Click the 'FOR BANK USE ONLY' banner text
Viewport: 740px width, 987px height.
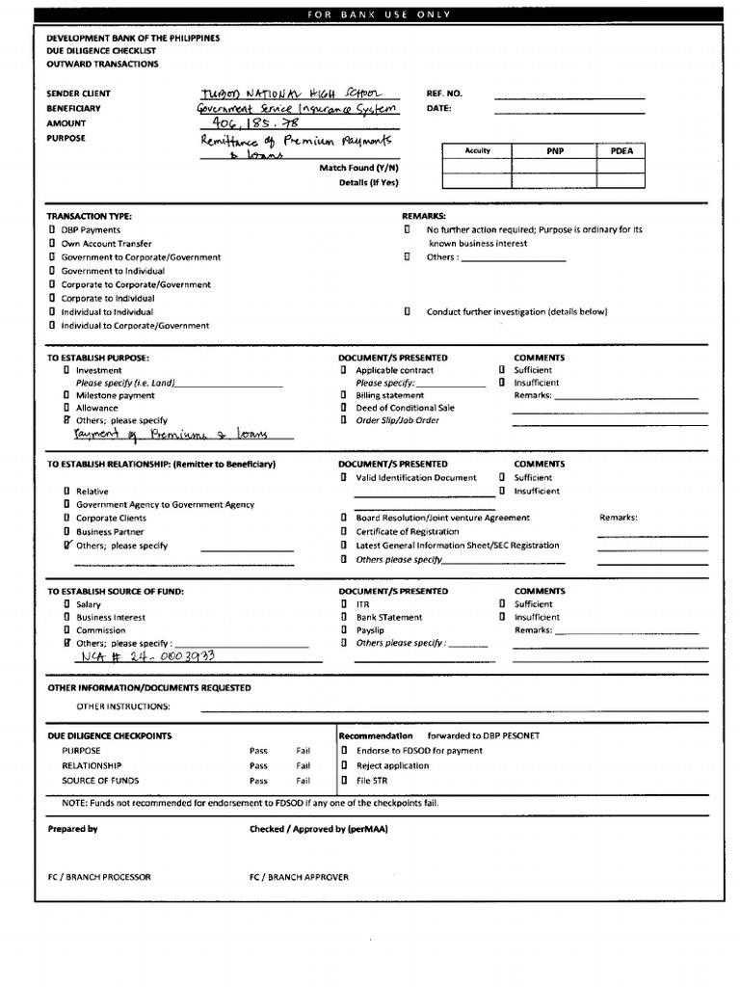379,14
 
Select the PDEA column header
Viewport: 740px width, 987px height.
621,151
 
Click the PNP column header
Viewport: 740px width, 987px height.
554,151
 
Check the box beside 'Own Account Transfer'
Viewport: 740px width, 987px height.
52,244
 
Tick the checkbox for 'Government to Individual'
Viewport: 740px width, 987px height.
52,271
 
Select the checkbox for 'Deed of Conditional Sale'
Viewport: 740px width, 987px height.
344,408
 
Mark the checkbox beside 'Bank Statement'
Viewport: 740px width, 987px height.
344,617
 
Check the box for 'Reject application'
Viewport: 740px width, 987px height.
344,765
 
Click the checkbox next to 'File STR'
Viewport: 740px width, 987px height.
344,781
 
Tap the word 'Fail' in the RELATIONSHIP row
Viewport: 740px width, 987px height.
304,765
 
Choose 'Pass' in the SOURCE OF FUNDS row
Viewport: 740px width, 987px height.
258,781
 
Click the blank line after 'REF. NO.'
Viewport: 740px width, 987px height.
569,95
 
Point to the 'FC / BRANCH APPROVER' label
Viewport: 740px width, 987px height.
299,877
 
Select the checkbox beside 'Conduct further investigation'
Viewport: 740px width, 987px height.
408,311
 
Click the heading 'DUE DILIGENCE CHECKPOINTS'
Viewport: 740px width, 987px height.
110,735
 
